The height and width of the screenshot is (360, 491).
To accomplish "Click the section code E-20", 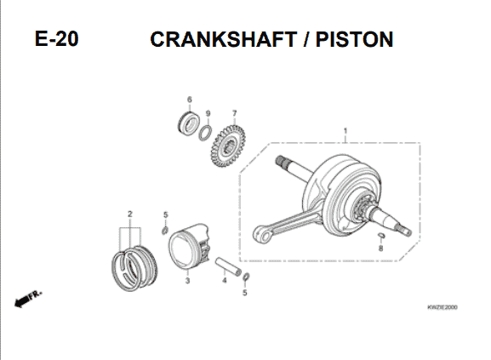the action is (57, 39).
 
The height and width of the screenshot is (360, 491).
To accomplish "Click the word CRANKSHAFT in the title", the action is (224, 39).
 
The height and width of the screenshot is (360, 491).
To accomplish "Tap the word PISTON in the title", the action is (354, 39).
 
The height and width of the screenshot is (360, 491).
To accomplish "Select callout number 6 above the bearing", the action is (190, 100).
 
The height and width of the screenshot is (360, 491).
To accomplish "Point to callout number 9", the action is (208, 113).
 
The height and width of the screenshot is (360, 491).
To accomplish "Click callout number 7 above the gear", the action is (234, 113).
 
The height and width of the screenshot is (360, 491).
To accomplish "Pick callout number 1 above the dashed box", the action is (345, 130).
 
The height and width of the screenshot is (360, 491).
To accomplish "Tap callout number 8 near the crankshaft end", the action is (380, 249).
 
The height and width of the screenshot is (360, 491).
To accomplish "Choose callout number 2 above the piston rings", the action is (130, 214).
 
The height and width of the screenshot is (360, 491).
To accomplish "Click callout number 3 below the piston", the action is (187, 281).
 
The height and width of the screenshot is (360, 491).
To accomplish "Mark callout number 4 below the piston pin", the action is (224, 280).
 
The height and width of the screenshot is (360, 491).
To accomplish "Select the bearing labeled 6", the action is (188, 123).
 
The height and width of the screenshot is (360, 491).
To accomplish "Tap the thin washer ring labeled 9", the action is (205, 133).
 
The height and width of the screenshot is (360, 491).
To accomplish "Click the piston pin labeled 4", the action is (228, 266).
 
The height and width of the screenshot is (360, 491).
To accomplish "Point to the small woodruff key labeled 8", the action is (380, 235).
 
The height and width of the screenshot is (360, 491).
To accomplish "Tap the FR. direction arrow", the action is (27, 300).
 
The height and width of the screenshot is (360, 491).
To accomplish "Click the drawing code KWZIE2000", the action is (442, 307).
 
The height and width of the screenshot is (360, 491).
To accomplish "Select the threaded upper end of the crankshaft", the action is (283, 161).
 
